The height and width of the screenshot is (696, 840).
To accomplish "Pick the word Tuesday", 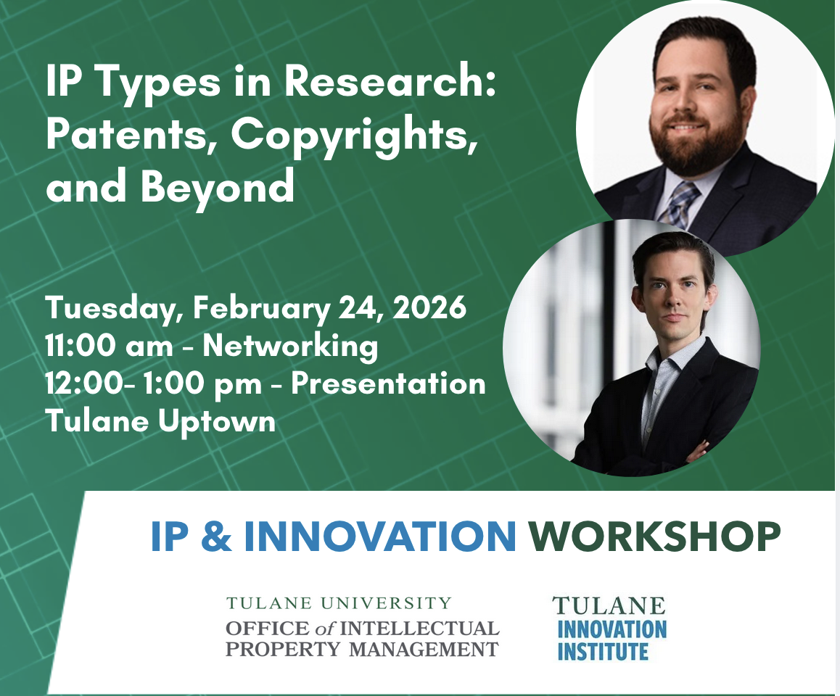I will tap(114, 309).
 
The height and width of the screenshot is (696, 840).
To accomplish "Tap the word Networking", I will tap(290, 346).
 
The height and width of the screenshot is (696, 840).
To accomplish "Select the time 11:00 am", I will tap(109, 346).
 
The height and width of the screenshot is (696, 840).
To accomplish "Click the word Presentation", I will tap(388, 384).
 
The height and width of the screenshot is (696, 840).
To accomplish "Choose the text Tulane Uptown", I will tap(160, 420).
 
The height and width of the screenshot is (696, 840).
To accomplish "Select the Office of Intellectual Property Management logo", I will tap(362, 628).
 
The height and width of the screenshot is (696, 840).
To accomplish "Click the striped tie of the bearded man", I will tap(678, 204).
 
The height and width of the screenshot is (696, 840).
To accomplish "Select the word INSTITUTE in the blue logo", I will tap(602, 652).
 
